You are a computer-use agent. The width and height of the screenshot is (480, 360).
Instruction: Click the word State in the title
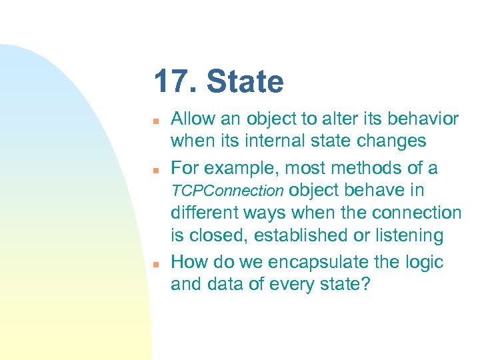(245, 82)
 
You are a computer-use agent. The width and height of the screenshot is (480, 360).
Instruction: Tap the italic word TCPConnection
(227, 191)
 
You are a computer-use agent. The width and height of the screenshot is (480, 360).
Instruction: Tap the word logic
(423, 262)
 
